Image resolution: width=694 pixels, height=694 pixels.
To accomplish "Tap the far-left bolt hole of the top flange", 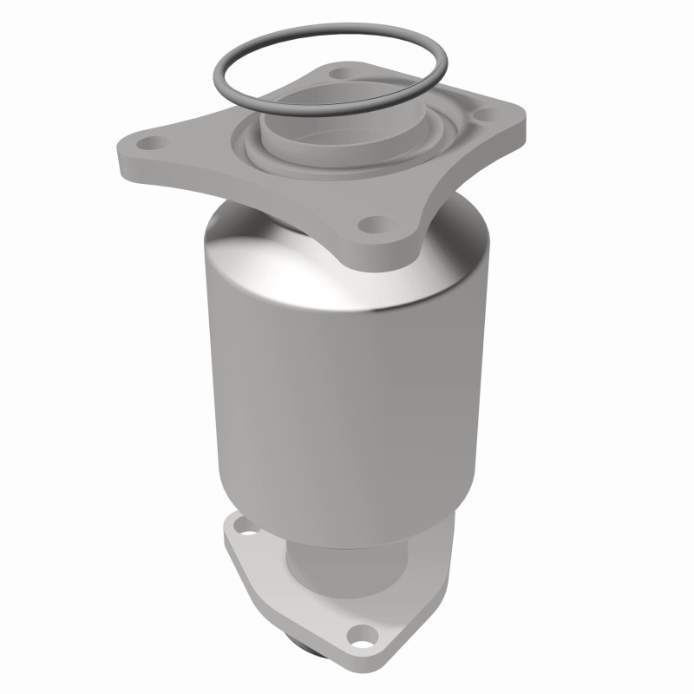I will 152,141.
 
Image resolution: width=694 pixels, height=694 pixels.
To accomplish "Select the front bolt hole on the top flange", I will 374,225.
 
